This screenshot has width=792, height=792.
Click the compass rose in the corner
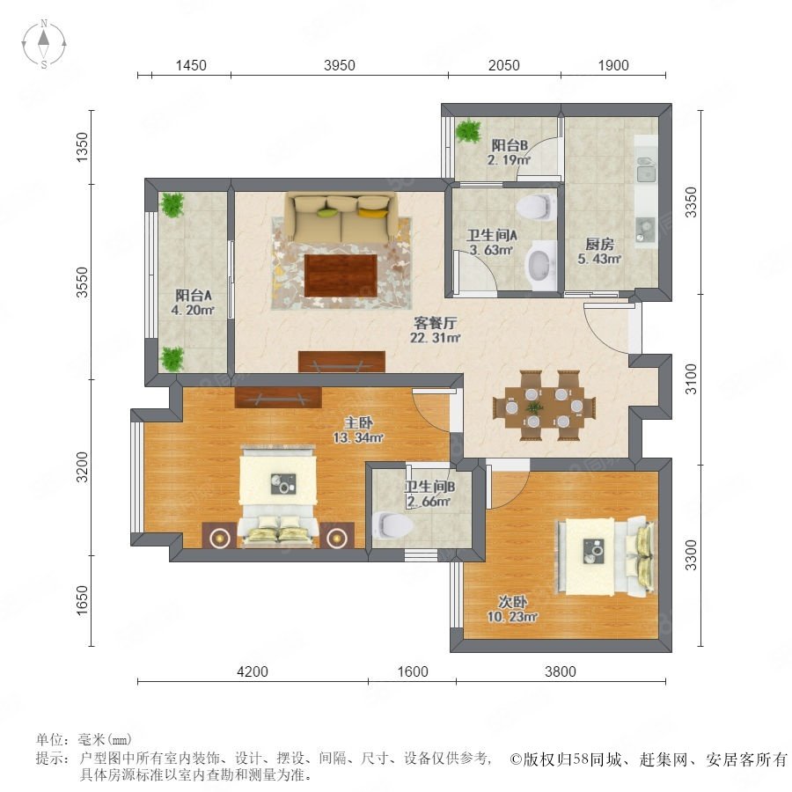tap(44, 44)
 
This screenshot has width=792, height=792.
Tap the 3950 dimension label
tap(340, 65)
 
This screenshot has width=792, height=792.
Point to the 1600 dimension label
tap(413, 671)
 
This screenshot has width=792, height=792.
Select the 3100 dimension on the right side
tap(691, 378)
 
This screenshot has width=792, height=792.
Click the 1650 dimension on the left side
tap(82, 601)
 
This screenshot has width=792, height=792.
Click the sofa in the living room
tap(341, 217)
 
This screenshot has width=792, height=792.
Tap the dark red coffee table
tap(341, 275)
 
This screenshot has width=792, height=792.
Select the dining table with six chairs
tap(545, 406)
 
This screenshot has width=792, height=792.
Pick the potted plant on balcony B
tap(469, 131)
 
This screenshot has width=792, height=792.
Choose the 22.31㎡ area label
tap(435, 338)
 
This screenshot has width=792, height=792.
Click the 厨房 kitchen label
tap(599, 244)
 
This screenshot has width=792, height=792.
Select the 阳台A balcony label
tap(194, 295)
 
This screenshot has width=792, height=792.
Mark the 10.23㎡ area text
tap(512, 617)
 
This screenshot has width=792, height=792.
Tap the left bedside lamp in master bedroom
tap(220, 538)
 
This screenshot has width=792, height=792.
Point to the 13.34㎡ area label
tap(358, 437)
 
